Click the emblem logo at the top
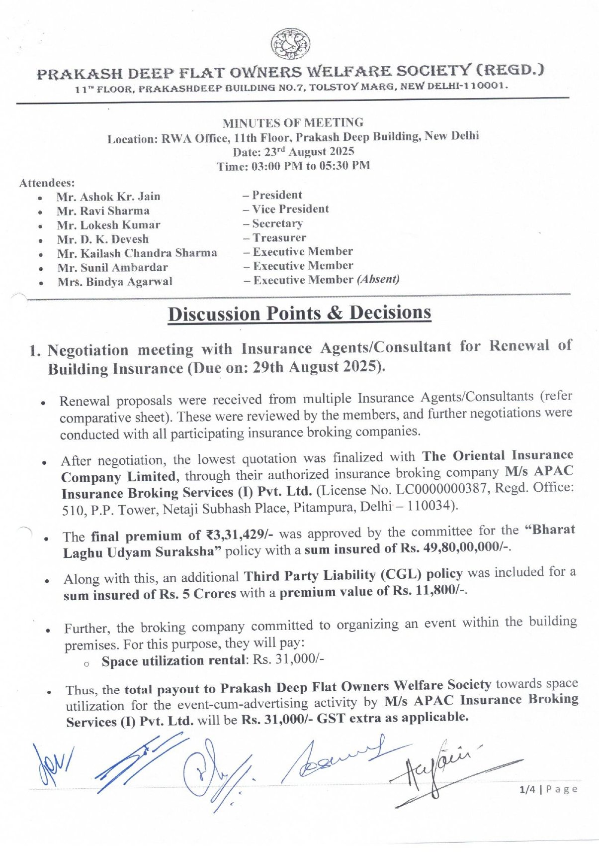291,43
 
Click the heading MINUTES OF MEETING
293,122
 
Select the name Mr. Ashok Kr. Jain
108,197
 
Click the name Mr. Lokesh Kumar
108,225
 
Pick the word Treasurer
279,238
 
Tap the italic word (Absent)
378,279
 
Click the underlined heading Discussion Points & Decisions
299,314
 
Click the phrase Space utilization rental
174,661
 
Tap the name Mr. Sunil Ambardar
112,268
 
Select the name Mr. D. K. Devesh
102,239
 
